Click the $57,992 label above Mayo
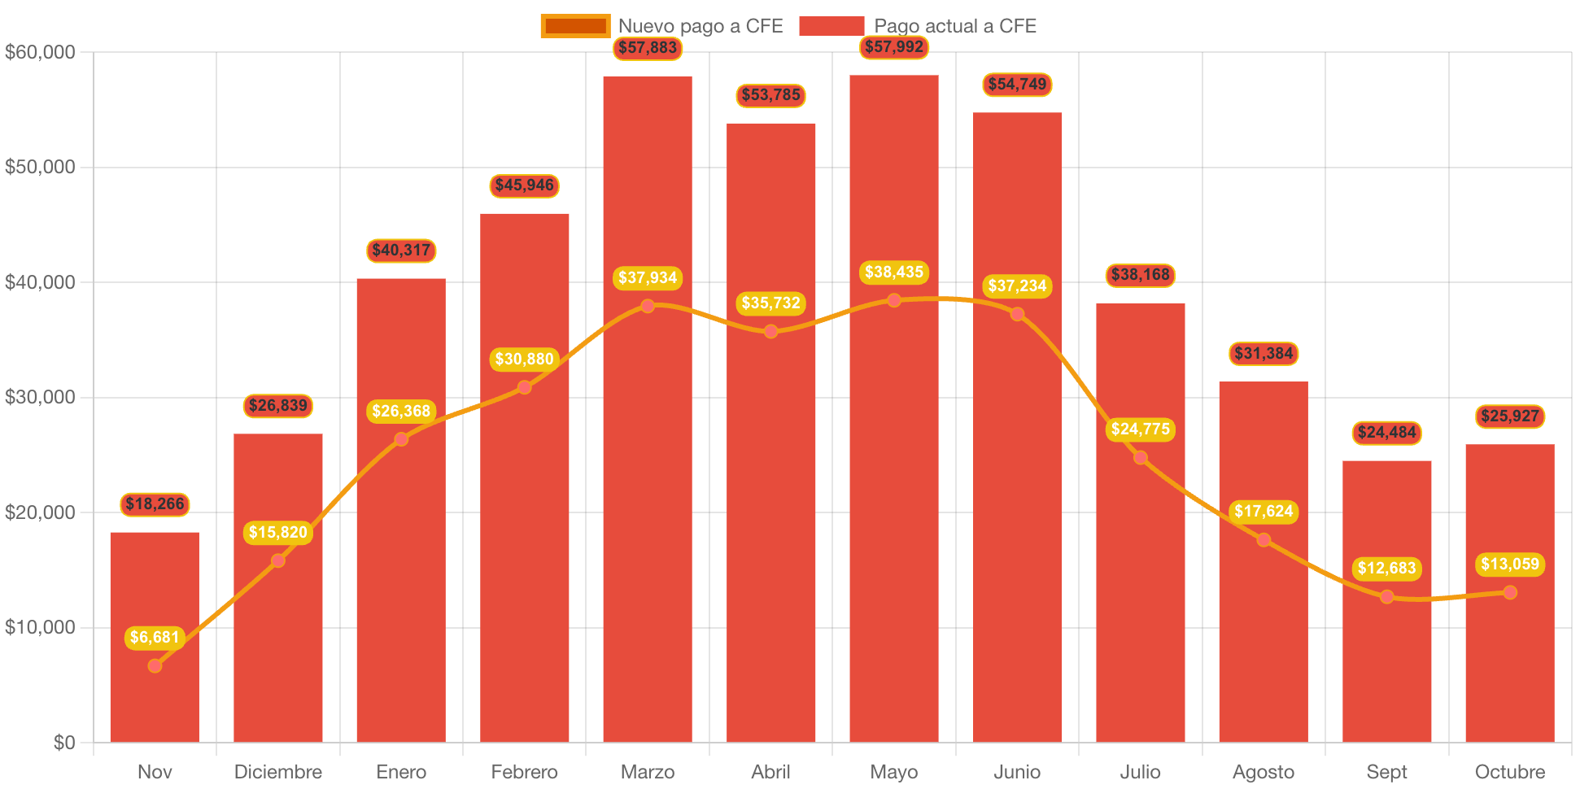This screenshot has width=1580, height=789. point(894,47)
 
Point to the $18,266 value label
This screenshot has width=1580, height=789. point(155,504)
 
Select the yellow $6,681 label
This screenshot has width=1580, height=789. point(155,638)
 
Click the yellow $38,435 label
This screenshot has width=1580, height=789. point(894,272)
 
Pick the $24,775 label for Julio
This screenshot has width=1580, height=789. point(1140,429)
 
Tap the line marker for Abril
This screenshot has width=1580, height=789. point(770,331)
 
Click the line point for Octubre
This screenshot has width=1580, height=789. point(1510,592)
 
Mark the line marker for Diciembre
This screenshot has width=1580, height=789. point(278,560)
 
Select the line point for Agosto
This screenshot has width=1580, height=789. point(1264,540)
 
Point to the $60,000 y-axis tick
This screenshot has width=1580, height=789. point(40,52)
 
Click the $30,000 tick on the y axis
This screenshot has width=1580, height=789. point(40,397)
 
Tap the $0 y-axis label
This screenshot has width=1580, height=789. point(64,742)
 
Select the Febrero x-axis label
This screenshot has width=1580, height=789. point(524,772)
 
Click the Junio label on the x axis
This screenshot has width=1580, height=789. point(1017,772)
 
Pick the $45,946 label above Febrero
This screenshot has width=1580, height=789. point(524,185)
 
